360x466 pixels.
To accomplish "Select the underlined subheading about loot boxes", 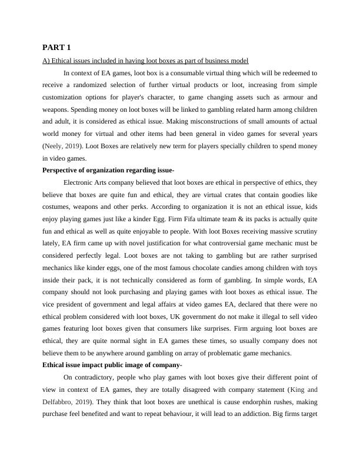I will click(x=145, y=61).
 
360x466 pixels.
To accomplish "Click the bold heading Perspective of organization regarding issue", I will click(x=108, y=170).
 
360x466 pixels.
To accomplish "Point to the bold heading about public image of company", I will click(x=112, y=365).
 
